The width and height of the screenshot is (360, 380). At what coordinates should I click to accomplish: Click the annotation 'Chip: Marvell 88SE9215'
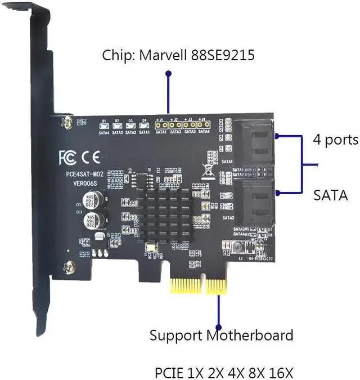tap(178, 56)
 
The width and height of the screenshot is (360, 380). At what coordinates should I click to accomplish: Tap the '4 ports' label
tap(335, 139)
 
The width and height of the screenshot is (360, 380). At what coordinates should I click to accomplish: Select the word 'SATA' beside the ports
tap(330, 196)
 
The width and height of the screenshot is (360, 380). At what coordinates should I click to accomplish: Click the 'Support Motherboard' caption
tap(221, 336)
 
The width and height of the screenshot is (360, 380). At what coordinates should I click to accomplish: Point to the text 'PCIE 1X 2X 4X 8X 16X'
tap(224, 373)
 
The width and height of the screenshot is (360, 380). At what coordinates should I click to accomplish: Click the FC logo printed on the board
tap(66, 157)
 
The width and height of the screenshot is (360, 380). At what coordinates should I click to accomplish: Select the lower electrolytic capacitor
tap(93, 220)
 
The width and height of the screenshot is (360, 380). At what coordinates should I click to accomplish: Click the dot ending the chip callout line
tap(167, 73)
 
